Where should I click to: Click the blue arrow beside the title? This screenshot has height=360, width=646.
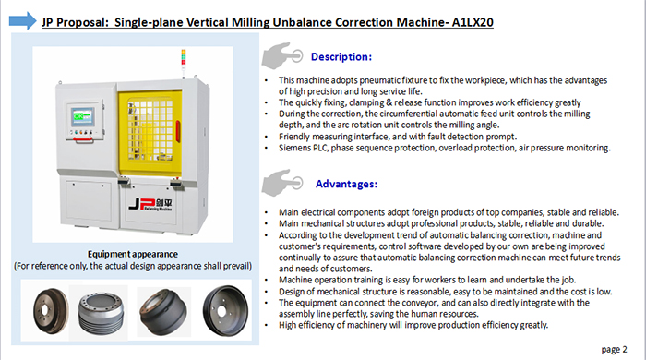coord(23,20)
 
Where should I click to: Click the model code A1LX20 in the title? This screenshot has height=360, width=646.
coord(473,22)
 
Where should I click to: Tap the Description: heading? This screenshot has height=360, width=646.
coord(341,57)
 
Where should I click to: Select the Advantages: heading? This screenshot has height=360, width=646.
coord(346,184)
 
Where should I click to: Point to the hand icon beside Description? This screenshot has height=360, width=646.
coord(282,55)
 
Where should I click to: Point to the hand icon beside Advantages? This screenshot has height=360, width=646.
coord(282,183)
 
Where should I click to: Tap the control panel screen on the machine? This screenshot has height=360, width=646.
coord(83,116)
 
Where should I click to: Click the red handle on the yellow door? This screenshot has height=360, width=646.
coord(178,131)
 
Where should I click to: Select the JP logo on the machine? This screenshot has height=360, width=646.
coord(150,204)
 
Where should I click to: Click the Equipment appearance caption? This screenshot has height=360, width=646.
coord(133,254)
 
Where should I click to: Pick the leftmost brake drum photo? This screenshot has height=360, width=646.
coord(51,310)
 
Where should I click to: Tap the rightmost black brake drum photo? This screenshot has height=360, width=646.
coord(225,310)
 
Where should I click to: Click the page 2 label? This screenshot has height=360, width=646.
coord(614,350)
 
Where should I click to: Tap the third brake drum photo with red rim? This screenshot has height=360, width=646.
coord(163,312)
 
